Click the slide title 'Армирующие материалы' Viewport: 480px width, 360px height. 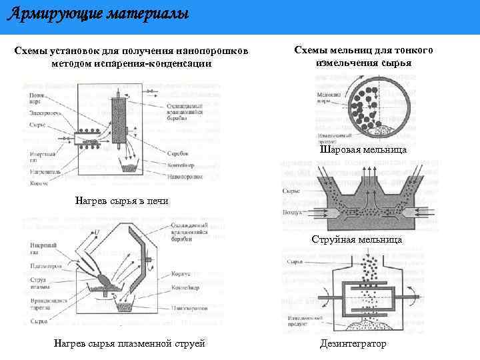[98, 13]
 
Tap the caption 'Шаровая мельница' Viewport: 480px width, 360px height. [363, 151]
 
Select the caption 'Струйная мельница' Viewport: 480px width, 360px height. [357, 239]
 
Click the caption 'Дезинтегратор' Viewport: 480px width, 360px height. [353, 343]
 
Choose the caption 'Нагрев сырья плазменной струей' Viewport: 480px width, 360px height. [129, 343]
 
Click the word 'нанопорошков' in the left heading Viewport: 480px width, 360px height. [217, 51]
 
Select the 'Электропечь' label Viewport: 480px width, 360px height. [44, 113]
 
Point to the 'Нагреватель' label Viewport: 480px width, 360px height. [44, 171]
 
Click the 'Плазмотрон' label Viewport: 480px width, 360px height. [43, 267]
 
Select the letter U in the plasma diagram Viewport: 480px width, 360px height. [98, 231]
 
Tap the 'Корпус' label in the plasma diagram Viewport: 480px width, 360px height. [181, 274]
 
